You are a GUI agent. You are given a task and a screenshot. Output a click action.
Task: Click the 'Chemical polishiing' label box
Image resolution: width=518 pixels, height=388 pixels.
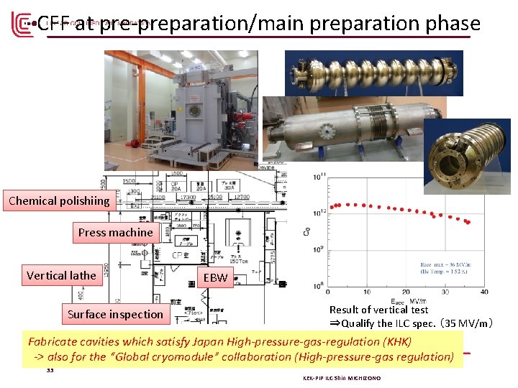[x=59, y=200]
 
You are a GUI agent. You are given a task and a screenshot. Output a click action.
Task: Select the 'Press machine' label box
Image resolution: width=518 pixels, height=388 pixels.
[x=115, y=232]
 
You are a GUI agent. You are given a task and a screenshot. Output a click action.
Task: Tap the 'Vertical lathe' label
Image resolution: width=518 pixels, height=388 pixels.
[x=61, y=275]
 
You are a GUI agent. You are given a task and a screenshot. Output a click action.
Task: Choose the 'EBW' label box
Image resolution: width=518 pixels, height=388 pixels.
[x=215, y=277]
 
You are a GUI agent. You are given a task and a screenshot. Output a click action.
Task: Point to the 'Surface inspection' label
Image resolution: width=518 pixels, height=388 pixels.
[x=115, y=314]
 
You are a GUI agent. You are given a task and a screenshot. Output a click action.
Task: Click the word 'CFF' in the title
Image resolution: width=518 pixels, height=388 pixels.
[x=51, y=24]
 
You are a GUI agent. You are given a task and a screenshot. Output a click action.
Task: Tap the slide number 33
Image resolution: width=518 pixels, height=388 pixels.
[x=50, y=371]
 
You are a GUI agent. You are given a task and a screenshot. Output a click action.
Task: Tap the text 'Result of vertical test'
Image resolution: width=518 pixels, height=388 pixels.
[x=378, y=310]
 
